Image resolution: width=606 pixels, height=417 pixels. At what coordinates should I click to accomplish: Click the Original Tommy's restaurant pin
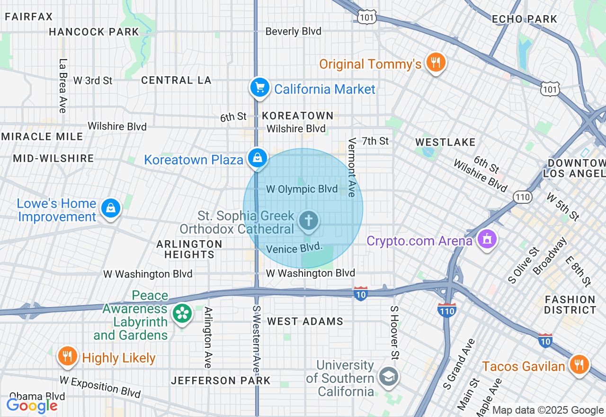[x=435, y=63]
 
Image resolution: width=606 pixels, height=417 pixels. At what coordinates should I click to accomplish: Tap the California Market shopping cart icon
[x=259, y=88]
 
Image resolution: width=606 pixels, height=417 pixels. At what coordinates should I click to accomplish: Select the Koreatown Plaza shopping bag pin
[x=257, y=158]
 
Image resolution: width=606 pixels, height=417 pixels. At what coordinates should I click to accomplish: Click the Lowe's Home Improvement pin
[x=110, y=208]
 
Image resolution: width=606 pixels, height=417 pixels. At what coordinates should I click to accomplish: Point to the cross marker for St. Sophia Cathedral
[x=309, y=221]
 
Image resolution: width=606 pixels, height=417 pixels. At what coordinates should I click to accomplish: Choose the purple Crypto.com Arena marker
[x=486, y=239]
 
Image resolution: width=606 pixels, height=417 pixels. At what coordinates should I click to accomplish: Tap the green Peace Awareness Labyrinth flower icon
[x=182, y=313]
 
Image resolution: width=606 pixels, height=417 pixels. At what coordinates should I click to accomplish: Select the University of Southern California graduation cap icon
[x=388, y=377]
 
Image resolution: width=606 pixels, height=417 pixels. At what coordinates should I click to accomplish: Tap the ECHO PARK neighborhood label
[x=525, y=19]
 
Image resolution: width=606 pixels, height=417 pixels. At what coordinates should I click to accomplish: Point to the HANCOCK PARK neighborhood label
[x=94, y=32]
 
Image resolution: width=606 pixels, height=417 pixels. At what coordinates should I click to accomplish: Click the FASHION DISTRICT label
[x=570, y=305]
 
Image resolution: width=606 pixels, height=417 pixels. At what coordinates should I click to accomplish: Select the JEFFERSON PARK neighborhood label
[x=221, y=381]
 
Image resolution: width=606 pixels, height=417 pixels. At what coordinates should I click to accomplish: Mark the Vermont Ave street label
[x=352, y=167]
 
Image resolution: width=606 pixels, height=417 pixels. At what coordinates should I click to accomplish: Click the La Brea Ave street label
[x=62, y=86]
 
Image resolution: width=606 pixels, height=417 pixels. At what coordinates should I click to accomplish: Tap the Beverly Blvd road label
[x=293, y=32]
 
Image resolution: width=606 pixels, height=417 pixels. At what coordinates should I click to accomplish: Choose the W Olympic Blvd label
[x=302, y=190]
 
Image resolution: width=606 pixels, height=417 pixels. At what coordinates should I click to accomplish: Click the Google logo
[x=32, y=406]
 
